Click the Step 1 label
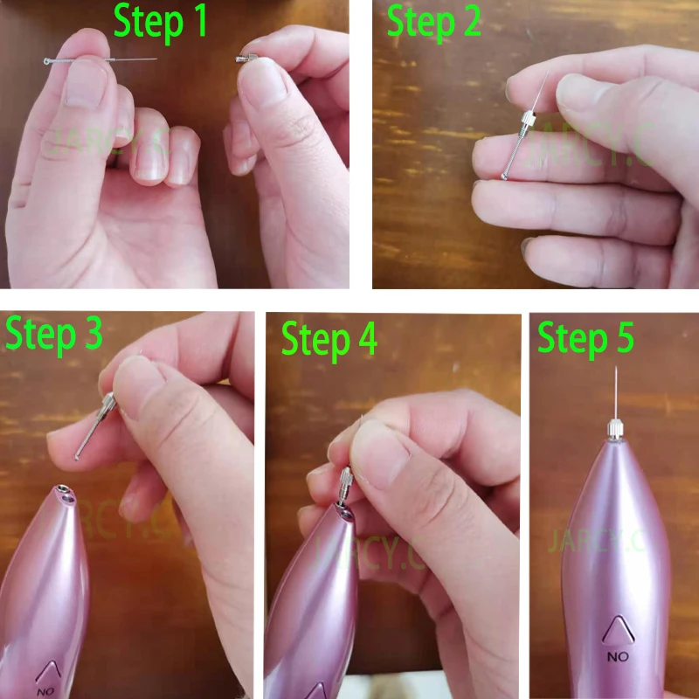pyautogui.click(x=161, y=23)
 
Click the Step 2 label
pyautogui.click(x=434, y=23)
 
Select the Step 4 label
pyautogui.click(x=329, y=339)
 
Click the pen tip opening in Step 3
pyautogui.click(x=63, y=496)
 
